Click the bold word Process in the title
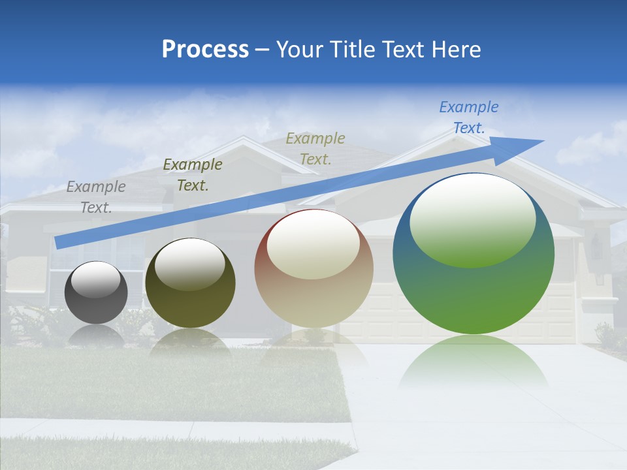point(205,50)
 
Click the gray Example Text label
point(96,196)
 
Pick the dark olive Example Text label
point(193,175)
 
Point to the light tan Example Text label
point(315,148)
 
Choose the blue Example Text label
point(469,117)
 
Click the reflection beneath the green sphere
point(474,362)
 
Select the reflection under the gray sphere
point(96,334)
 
